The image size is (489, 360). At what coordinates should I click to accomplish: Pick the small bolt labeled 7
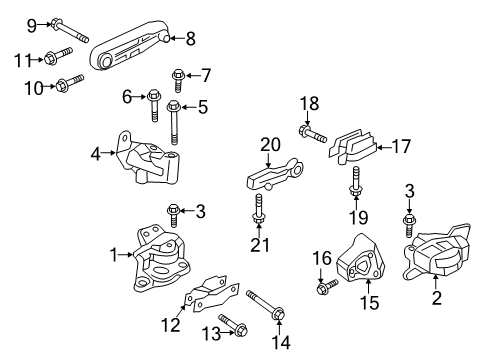point(179,75)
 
